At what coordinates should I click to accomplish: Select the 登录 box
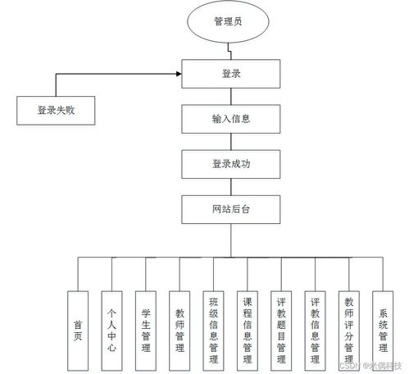229,74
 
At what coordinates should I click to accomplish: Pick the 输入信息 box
229,119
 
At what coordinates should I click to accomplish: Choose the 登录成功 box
229,164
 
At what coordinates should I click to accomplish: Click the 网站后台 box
229,209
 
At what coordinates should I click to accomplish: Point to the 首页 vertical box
78,323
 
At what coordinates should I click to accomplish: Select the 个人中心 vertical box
112,323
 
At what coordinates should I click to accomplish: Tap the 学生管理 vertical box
146,323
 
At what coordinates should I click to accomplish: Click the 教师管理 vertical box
180,323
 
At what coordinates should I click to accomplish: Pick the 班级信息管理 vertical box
213,323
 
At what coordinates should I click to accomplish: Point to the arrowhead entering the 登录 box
179,74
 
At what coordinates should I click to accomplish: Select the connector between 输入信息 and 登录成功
229,142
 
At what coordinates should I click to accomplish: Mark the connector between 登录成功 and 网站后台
229,187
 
